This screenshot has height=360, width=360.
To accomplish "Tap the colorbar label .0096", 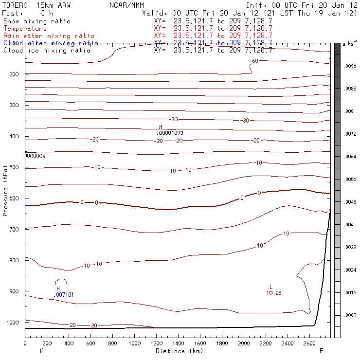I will click(x=350, y=66).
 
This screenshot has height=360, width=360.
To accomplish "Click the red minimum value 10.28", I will click(x=274, y=293).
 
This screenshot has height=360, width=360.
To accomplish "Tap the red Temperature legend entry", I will click(x=25, y=29).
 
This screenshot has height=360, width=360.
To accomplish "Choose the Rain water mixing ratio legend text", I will click(x=49, y=36).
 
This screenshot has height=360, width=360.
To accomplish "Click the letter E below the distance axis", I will click(x=321, y=351).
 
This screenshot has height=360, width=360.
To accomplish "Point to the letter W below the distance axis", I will click(x=41, y=351).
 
